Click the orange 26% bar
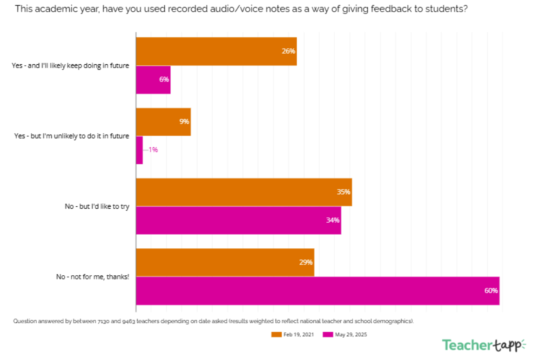click(216, 51)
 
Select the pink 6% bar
click(153, 80)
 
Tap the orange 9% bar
click(163, 122)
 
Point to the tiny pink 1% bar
click(139, 150)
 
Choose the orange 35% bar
click(243, 192)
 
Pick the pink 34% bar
click(238, 220)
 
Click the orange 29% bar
click(225, 262)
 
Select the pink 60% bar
click(317, 291)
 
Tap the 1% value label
click(153, 150)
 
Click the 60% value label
click(491, 291)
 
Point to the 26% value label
click(288, 51)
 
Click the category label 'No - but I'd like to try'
click(97, 206)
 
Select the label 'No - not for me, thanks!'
click(93, 277)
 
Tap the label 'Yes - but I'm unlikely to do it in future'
click(72, 136)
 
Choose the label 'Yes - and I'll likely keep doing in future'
click(70, 66)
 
